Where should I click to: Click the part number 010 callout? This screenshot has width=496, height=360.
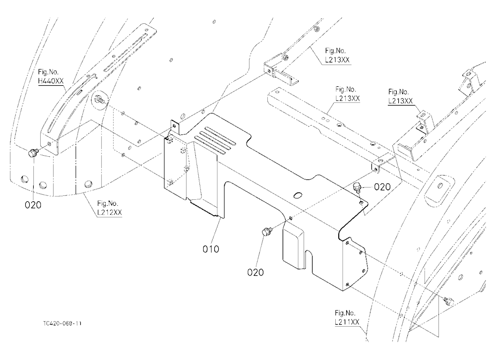pyautogui.click(x=211, y=249)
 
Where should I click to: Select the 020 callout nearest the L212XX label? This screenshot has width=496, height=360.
pyautogui.click(x=33, y=205)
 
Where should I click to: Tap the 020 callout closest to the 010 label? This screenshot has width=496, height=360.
pyautogui.click(x=255, y=272)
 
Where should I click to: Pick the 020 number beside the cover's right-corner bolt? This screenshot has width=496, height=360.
pyautogui.click(x=382, y=187)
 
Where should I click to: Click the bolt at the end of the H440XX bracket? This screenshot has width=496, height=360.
pyautogui.click(x=33, y=153)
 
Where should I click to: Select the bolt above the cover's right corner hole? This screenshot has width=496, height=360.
pyautogui.click(x=357, y=186)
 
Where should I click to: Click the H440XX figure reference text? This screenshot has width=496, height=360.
pyautogui.click(x=51, y=81)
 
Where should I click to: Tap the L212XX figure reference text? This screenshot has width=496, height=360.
pyautogui.click(x=110, y=213)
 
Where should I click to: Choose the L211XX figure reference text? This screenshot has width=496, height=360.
pyautogui.click(x=347, y=322)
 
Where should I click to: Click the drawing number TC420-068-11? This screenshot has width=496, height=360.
pyautogui.click(x=62, y=324)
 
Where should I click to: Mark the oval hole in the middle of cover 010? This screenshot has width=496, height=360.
pyautogui.click(x=297, y=195)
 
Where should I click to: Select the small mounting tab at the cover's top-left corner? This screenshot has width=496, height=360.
pyautogui.click(x=175, y=126)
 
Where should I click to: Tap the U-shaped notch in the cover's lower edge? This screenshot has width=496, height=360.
pyautogui.click(x=309, y=260)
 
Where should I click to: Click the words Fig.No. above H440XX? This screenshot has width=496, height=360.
pyautogui.click(x=48, y=72)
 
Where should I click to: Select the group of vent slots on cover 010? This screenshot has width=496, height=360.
pyautogui.click(x=215, y=140)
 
